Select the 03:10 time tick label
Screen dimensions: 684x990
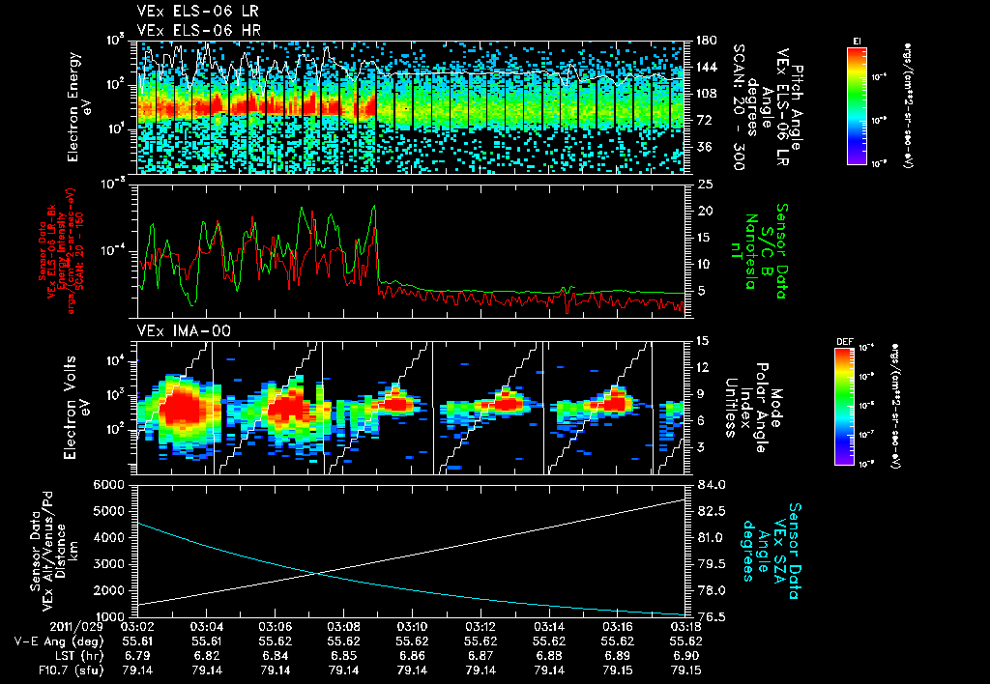tap(413, 626)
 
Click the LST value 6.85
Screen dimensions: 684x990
tap(344, 654)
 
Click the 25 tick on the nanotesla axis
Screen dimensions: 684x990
tap(703, 184)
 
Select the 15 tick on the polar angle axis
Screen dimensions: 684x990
tap(703, 341)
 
